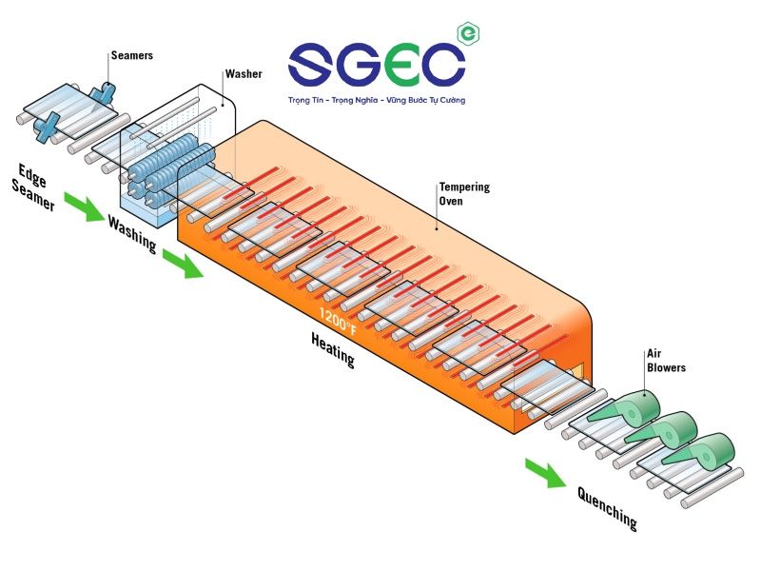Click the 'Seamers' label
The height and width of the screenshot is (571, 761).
pos(131,56)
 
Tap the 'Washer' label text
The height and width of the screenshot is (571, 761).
pos(244,74)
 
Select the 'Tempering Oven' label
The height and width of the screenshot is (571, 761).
pos(464,193)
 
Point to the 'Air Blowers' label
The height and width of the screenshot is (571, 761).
pos(666,361)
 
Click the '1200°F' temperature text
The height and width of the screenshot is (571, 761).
pos(338,323)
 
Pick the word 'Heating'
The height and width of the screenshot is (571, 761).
pos(332,350)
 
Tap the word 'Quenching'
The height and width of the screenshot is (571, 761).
pos(606,507)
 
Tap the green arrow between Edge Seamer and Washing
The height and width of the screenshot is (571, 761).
pos(84,207)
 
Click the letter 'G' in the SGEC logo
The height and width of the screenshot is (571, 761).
pos(363,64)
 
